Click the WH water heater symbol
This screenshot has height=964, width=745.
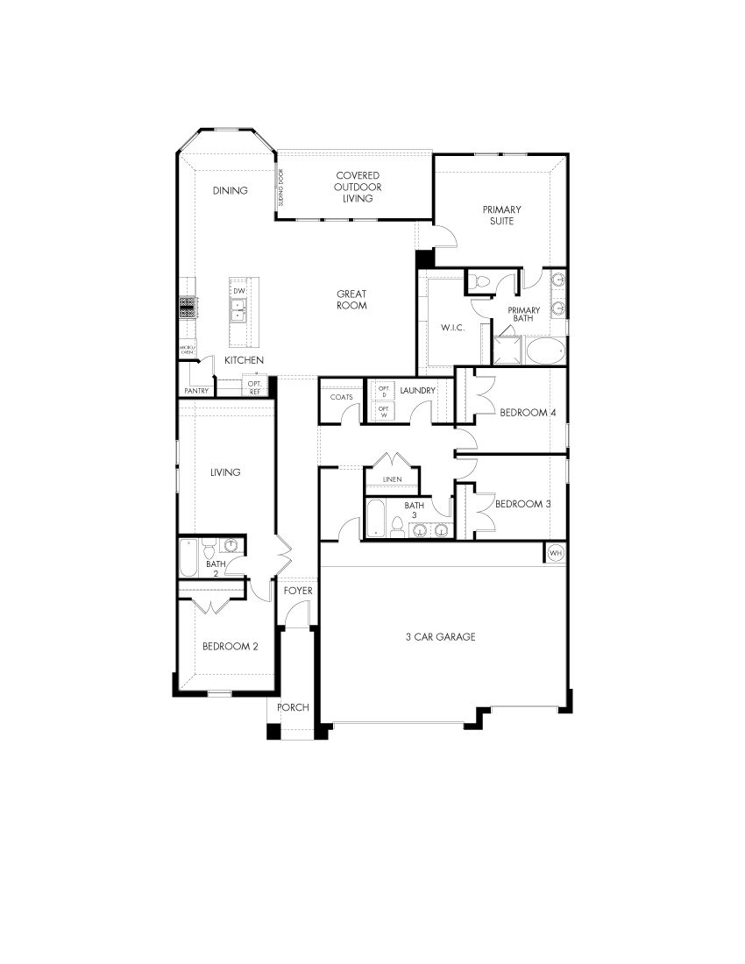pos(555,553)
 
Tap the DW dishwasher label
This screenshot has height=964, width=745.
pos(238,290)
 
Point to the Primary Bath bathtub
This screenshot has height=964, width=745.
pos(547,351)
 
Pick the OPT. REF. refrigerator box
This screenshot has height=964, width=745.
pos(255,386)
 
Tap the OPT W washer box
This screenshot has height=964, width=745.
pos(383,410)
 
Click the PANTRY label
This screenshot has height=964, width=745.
pos(196,390)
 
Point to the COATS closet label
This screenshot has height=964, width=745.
pos(342,397)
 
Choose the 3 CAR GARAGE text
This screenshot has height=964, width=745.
pos(440,637)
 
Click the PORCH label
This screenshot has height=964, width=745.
pos(293,707)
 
